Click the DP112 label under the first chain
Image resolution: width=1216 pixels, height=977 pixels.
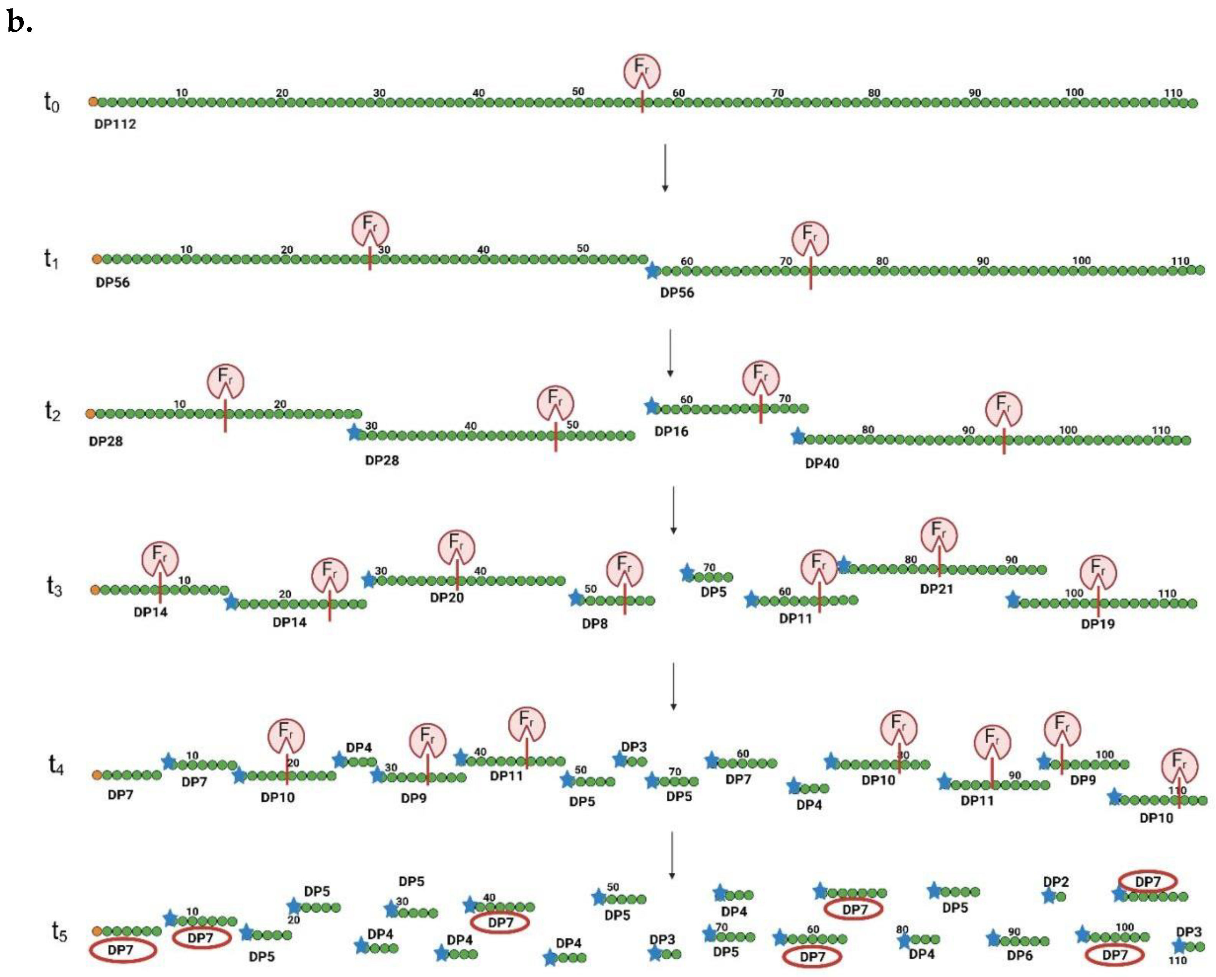[115, 124]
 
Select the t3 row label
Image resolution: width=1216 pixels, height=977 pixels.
[54, 587]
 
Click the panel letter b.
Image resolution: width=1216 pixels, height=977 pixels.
[20, 23]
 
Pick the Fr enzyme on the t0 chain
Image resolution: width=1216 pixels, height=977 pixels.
[641, 71]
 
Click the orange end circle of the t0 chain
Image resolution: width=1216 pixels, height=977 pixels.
[93, 102]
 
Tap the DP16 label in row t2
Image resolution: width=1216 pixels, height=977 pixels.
[671, 431]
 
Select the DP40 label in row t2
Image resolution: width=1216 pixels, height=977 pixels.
[822, 464]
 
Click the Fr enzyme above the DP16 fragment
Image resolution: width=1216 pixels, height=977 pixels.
[761, 378]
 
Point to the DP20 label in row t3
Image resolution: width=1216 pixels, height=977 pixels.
[447, 597]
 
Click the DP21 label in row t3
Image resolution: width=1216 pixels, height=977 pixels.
[936, 589]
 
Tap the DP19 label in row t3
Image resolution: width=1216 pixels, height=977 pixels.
[1098, 624]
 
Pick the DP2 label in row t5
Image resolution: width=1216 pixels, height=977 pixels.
[1056, 882]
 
